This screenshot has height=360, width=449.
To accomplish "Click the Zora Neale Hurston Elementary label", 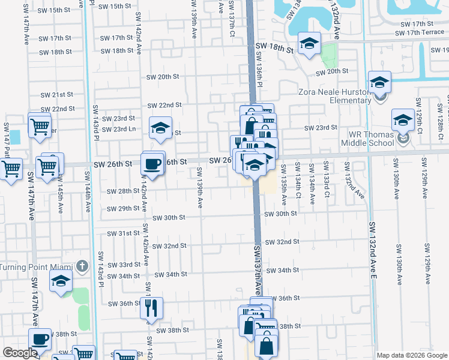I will pyautogui.click(x=342, y=96).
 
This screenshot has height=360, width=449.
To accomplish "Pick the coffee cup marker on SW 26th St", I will pyautogui.click(x=153, y=163).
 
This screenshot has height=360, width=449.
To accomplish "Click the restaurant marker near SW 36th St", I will pyautogui.click(x=151, y=308).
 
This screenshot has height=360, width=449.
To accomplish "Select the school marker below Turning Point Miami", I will pyautogui.click(x=61, y=281).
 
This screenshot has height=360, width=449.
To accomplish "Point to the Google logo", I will pyautogui.click(x=20, y=353).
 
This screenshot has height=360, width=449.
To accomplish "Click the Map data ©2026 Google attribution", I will pyautogui.click(x=412, y=355).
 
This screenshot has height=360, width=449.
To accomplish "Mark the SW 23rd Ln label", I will pyautogui.click(x=118, y=129).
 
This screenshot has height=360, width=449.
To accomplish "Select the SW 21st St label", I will pyautogui.click(x=56, y=95).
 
